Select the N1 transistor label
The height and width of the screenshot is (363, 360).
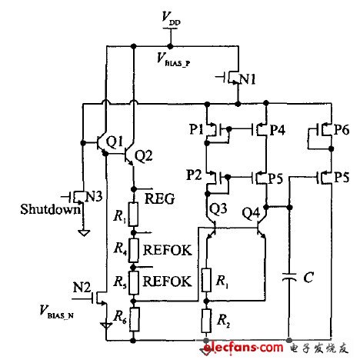coord(245,79)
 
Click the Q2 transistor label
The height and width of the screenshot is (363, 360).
coord(143,156)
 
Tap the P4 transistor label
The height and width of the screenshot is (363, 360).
coord(277,130)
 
